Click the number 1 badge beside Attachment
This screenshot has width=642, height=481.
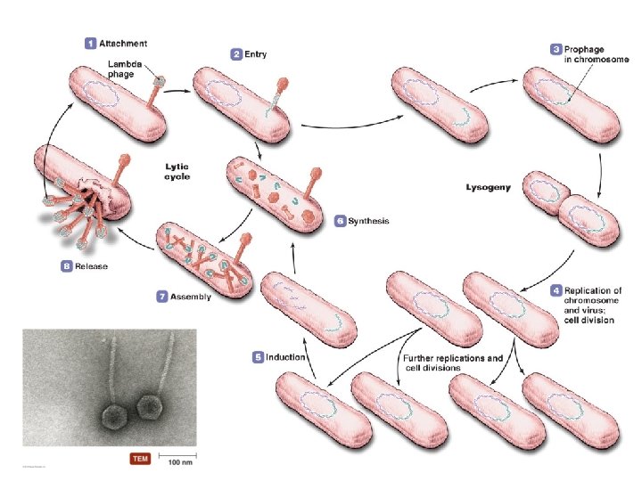[x=90, y=42]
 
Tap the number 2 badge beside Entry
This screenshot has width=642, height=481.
[x=237, y=54]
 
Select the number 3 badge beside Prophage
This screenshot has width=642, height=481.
[x=556, y=48]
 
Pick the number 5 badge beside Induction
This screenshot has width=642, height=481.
[x=259, y=357]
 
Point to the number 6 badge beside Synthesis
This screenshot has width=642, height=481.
[x=340, y=220]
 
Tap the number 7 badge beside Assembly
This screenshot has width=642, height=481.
[x=162, y=297]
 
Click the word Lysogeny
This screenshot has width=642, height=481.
[x=489, y=188]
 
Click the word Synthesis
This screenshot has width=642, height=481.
[x=368, y=220]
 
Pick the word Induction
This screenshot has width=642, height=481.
[x=286, y=357]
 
